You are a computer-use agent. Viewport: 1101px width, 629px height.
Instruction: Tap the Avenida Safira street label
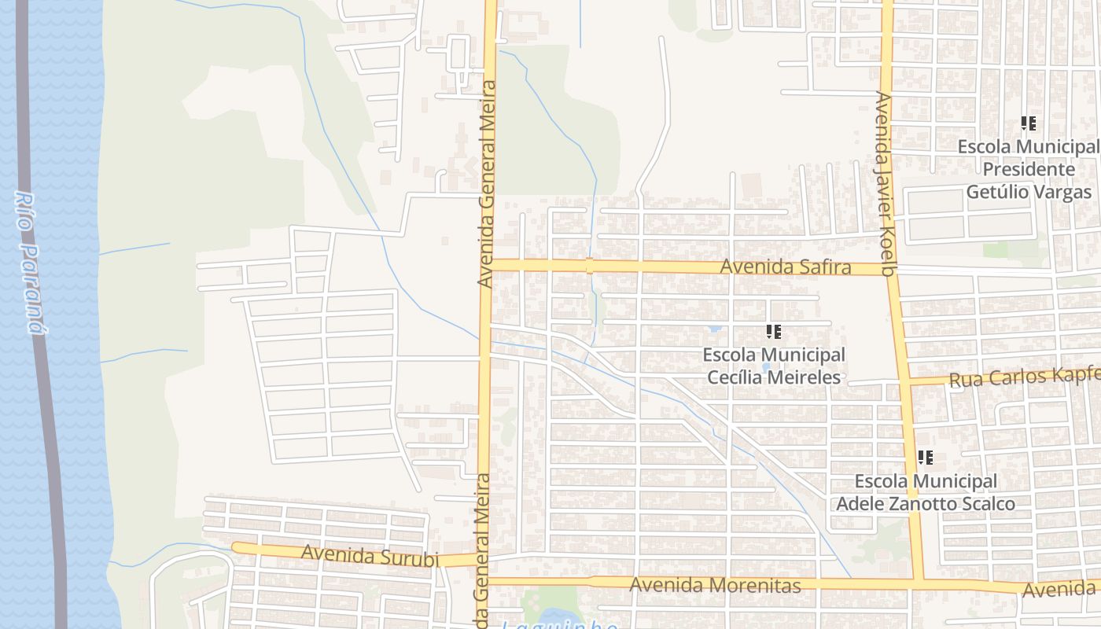(x=785, y=267)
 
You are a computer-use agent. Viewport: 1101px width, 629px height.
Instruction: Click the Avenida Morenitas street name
(x=715, y=585)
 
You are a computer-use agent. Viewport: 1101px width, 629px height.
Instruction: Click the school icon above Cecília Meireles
(x=774, y=332)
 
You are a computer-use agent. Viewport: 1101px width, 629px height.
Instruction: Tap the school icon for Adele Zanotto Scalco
(x=926, y=457)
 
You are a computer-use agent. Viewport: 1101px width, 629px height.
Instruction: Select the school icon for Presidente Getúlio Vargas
(x=1028, y=123)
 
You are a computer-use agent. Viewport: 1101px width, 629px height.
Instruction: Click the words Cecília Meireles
(x=774, y=377)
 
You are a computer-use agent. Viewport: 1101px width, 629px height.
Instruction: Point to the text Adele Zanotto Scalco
(x=926, y=503)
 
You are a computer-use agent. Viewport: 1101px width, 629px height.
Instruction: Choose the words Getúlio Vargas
(x=1029, y=192)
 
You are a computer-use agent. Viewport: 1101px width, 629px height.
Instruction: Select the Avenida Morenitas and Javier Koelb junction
(x=918, y=583)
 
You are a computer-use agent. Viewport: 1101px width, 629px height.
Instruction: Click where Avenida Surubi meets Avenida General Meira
(x=481, y=559)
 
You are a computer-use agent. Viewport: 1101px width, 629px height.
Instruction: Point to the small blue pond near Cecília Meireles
(x=715, y=328)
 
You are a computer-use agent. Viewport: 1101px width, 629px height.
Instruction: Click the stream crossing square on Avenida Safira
(x=589, y=266)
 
